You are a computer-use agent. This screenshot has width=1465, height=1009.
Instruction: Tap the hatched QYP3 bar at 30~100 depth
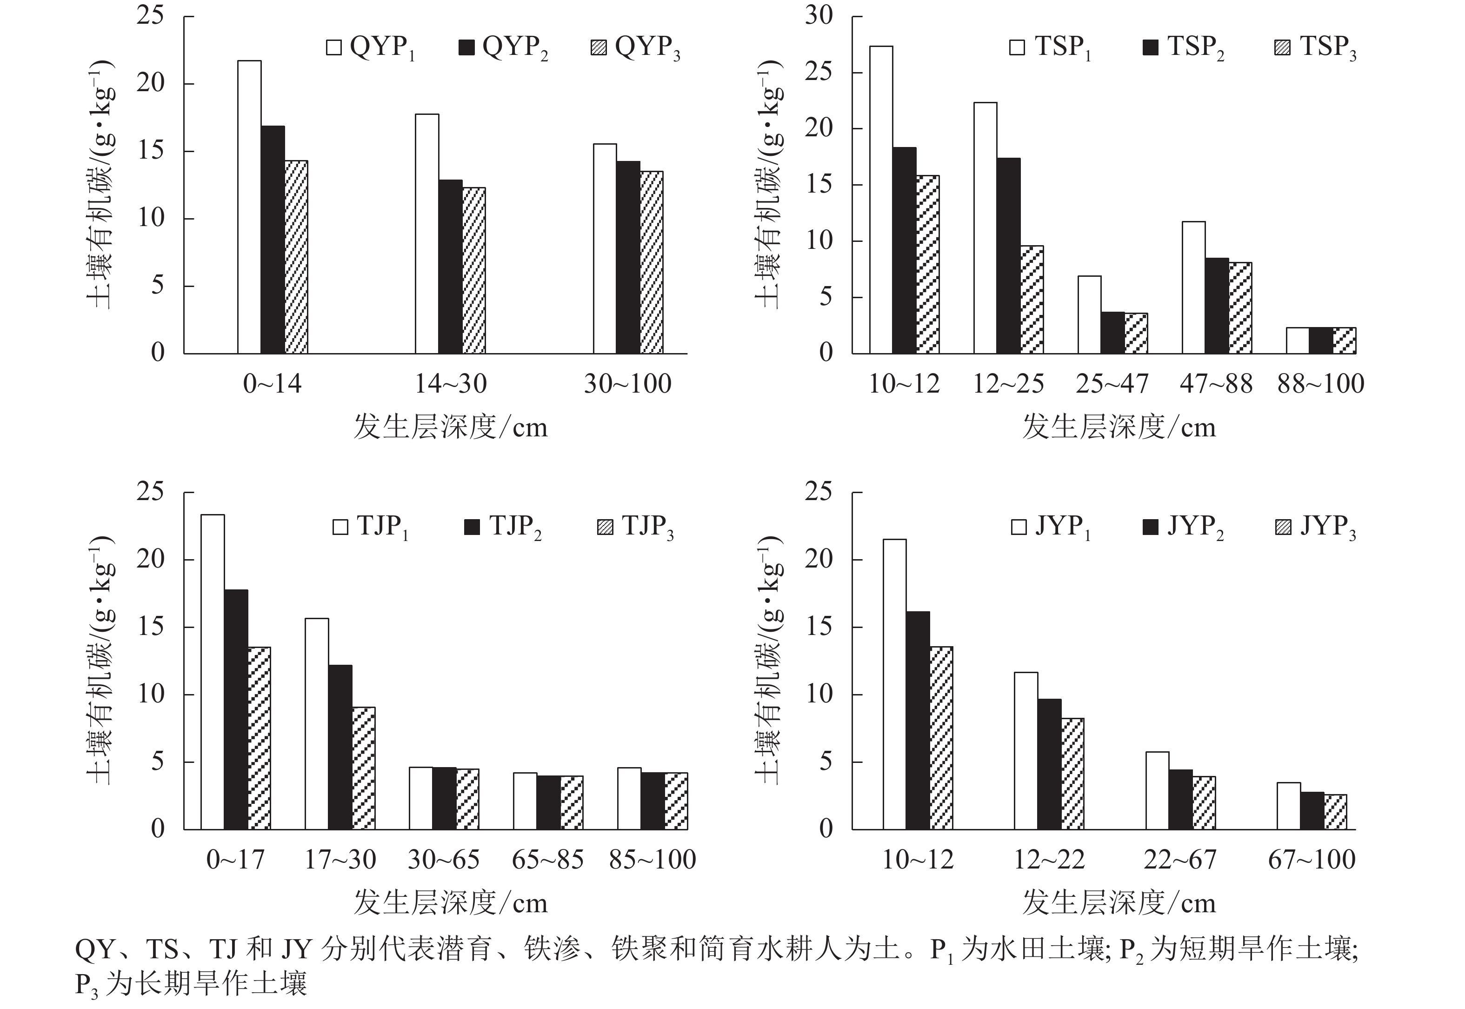(651, 262)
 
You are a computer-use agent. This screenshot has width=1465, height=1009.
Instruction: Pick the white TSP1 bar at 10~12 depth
(881, 199)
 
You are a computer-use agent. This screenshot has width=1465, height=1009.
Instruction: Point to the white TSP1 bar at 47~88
(1193, 287)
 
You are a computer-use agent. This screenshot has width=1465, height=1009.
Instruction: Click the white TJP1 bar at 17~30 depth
(317, 723)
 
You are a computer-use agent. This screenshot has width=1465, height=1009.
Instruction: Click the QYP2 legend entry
(503, 48)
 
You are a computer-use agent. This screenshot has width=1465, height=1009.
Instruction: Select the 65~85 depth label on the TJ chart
(547, 860)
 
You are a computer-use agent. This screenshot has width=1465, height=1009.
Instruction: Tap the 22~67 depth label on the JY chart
(1179, 860)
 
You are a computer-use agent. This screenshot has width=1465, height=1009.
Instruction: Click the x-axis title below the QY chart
(450, 428)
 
